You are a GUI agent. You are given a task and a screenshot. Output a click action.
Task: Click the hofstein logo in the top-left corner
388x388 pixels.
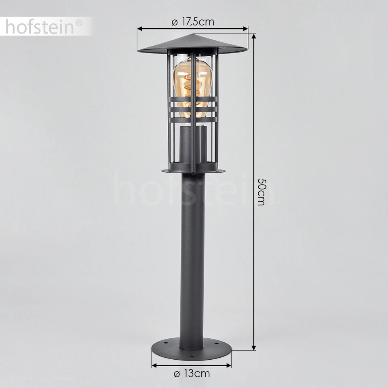40,27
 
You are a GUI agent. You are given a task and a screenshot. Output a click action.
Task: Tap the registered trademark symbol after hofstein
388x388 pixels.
79,23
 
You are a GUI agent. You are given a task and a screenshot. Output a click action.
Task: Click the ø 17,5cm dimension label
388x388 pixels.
193,22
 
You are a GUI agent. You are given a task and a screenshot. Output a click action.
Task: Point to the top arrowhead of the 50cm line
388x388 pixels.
254,36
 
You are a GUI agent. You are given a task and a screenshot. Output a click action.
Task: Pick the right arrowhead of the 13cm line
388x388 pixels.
231,365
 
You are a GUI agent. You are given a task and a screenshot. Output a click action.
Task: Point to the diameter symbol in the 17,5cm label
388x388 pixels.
174,22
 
